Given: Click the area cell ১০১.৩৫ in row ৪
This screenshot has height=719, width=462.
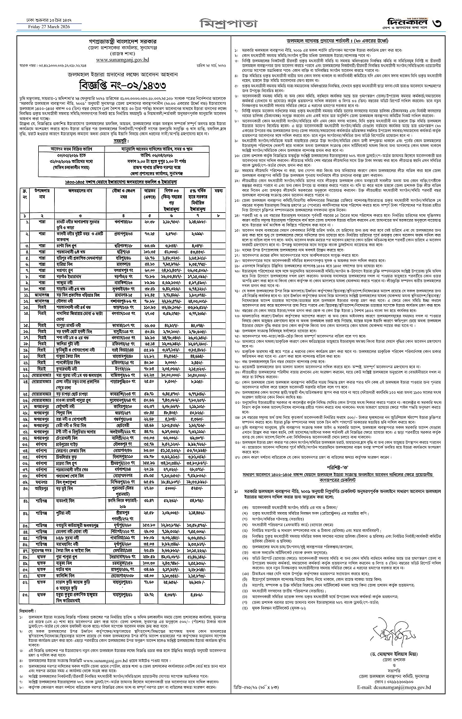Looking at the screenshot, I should (x=149, y=252).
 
